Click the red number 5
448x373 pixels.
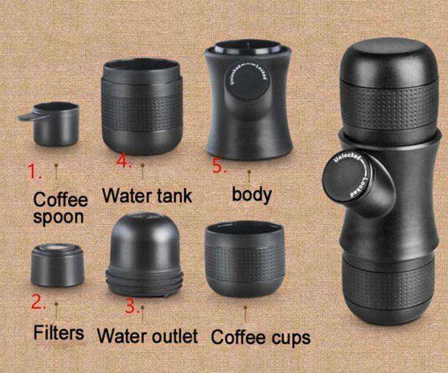tap(220, 167)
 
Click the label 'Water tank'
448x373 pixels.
tap(147, 195)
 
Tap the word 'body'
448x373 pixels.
tap(252, 194)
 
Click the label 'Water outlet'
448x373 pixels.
tap(147, 335)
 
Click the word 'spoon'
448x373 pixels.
tap(59, 217)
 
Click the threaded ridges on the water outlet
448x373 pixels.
tap(144, 283)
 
